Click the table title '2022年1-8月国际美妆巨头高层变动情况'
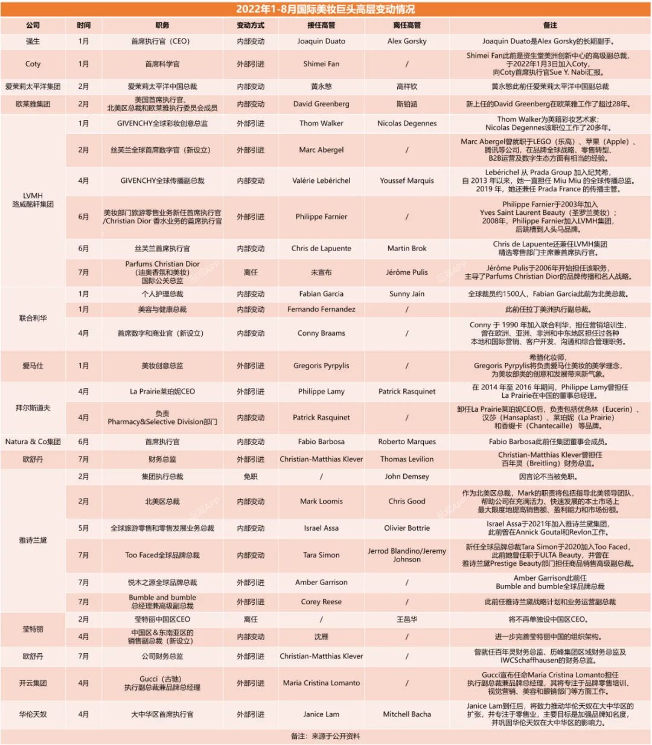(325, 9)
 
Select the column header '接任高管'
(321, 25)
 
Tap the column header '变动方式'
(251, 25)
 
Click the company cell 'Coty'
(33, 63)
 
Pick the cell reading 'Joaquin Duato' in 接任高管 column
(321, 41)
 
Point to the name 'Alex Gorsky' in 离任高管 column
(407, 41)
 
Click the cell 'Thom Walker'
(321, 123)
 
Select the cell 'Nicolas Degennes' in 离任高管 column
(407, 123)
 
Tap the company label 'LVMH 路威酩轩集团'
(33, 200)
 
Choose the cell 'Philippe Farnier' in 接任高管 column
(321, 217)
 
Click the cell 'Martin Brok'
(407, 248)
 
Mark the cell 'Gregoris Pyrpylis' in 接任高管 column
(321, 365)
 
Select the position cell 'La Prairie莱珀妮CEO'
(162, 391)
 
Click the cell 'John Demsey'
(407, 476)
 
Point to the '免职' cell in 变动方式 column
(251, 476)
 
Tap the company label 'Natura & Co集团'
(33, 441)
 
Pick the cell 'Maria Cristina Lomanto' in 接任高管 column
(321, 683)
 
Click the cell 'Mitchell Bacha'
(407, 714)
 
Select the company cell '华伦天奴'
(33, 714)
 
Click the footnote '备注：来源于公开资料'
(325, 737)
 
